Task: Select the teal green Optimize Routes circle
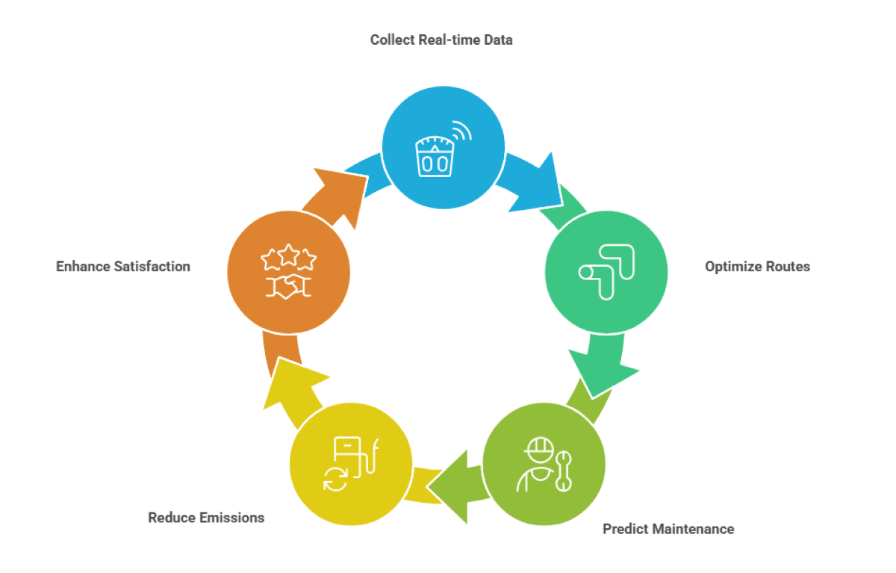(606, 271)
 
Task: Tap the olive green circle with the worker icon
(544, 464)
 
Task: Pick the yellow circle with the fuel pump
(350, 464)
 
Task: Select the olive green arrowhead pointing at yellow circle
(452, 486)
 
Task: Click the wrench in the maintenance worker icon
(564, 471)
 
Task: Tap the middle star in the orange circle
(289, 256)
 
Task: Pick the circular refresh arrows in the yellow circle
(335, 479)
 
